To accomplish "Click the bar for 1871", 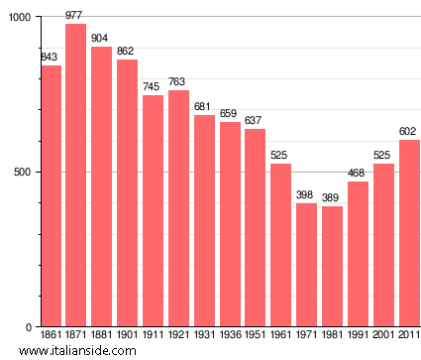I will pyautogui.click(x=75, y=176).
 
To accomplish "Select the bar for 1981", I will pyautogui.click(x=332, y=267).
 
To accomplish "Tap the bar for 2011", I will pyautogui.click(x=409, y=234).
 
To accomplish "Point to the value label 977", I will pyautogui.click(x=75, y=16).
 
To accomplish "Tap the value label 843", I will pyautogui.click(x=50, y=57).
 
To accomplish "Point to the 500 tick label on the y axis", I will pyautogui.click(x=23, y=173).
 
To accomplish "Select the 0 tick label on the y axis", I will pyautogui.click(x=29, y=327).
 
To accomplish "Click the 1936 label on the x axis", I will pyautogui.click(x=230, y=336).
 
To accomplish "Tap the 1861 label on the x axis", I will pyautogui.click(x=51, y=336).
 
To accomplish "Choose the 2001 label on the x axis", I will pyautogui.click(x=383, y=336).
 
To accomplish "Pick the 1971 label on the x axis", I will pyautogui.click(x=306, y=336).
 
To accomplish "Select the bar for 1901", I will pyautogui.click(x=127, y=193).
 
